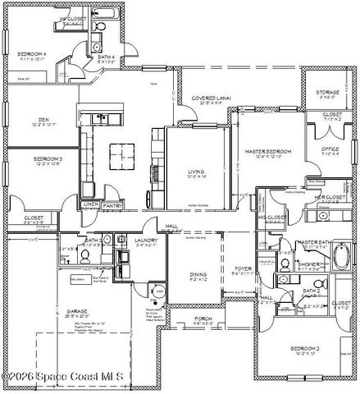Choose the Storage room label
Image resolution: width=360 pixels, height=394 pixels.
point(328,92)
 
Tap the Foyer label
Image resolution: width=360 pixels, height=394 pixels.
point(244,268)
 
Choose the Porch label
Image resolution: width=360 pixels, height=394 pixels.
point(202,320)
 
